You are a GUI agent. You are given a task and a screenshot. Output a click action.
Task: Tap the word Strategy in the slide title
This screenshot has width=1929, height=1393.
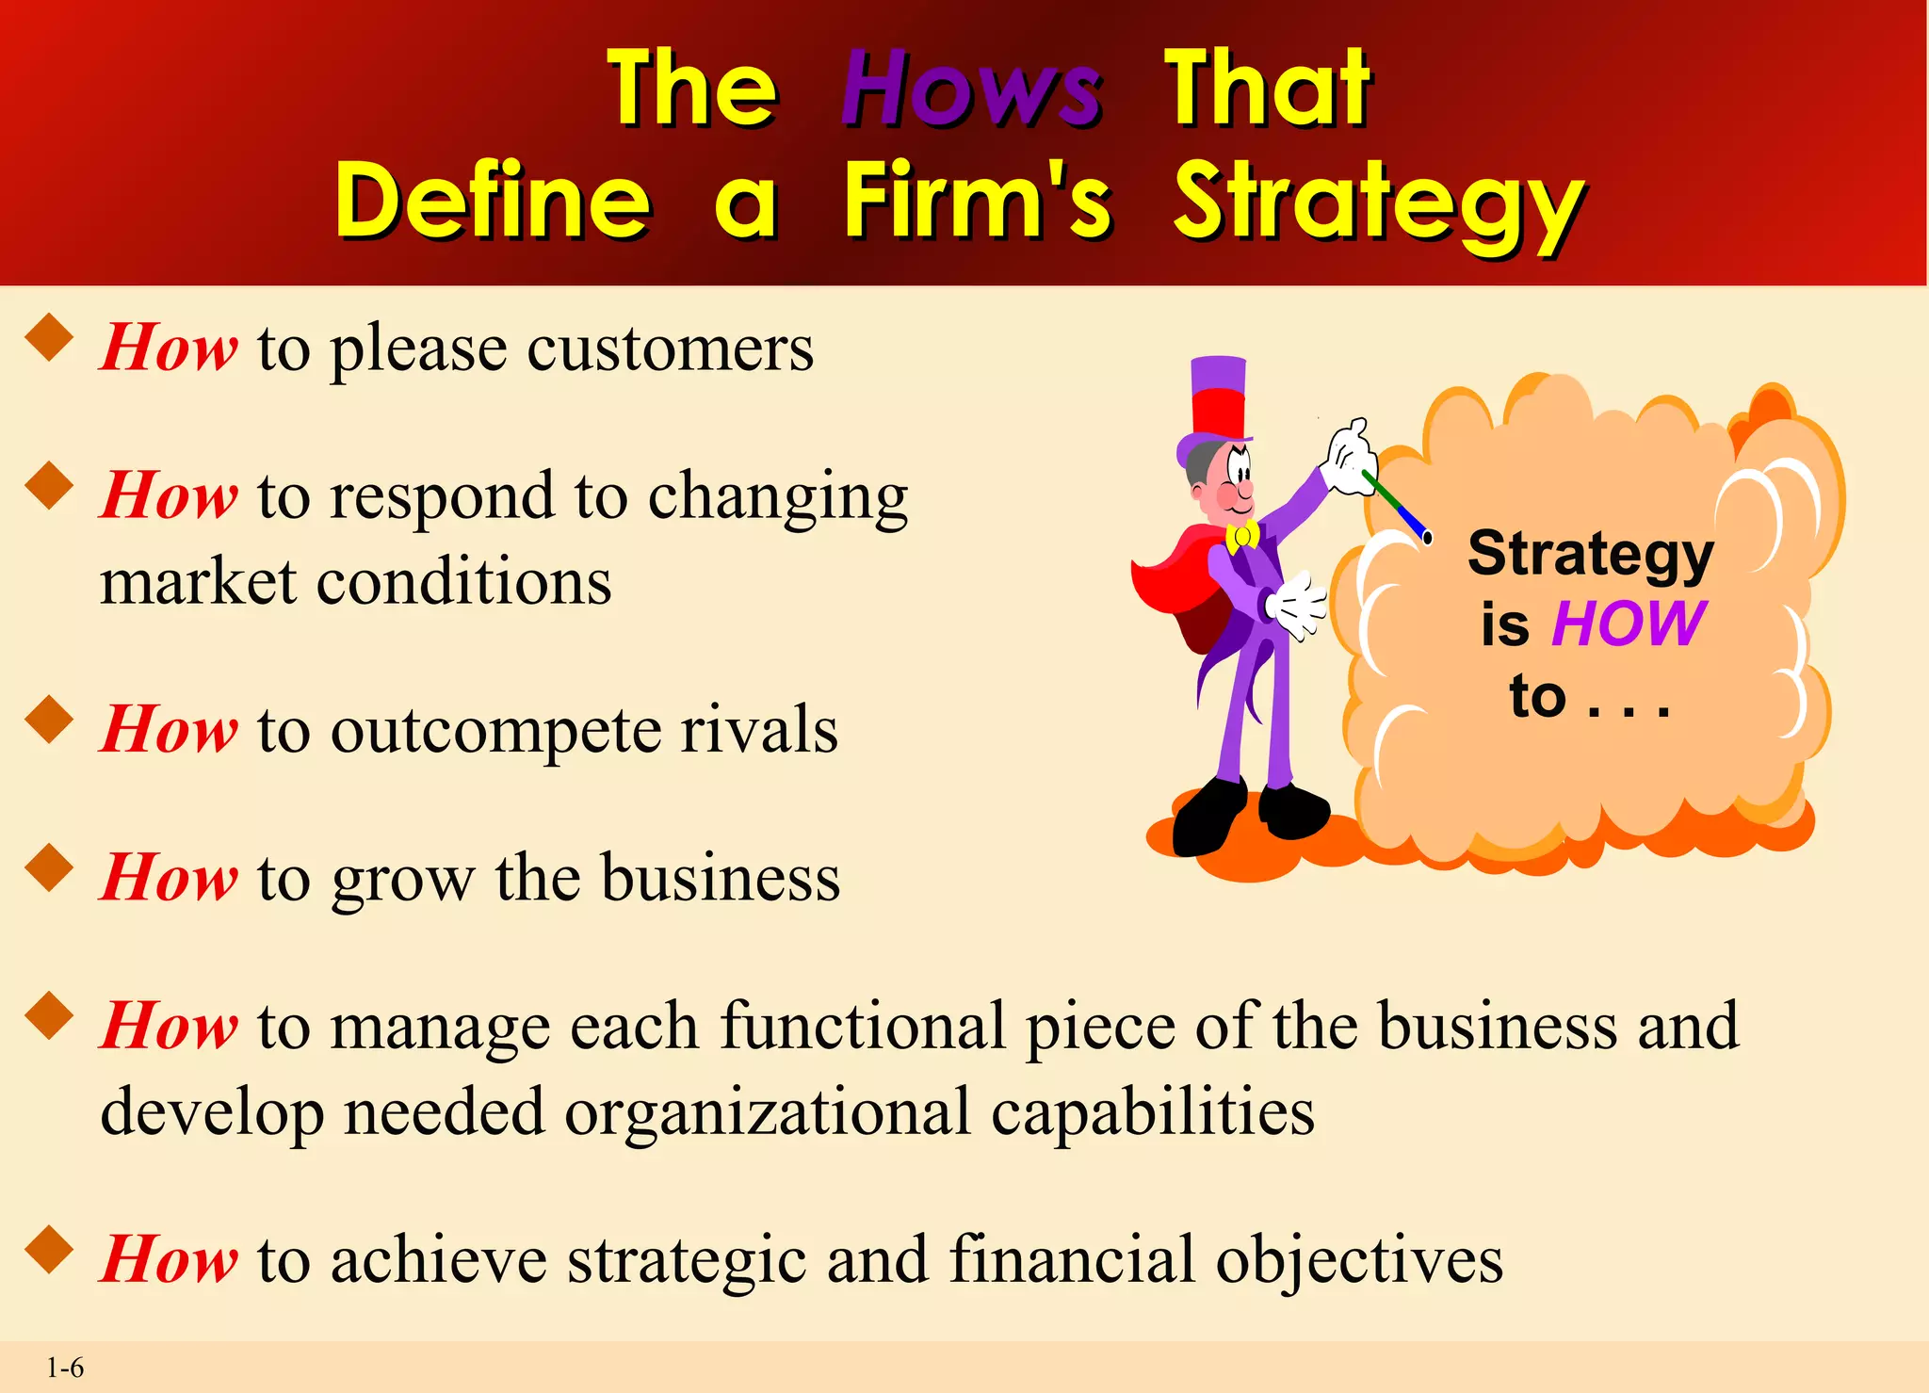1378,202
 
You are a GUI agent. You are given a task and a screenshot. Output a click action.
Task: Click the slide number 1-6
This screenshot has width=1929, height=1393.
65,1368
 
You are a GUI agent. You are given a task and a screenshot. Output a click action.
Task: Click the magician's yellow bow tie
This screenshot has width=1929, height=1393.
1242,536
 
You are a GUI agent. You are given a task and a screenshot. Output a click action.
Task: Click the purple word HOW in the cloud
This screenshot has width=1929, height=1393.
1629,624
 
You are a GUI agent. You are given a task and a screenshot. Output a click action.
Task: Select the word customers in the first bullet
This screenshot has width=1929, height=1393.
670,348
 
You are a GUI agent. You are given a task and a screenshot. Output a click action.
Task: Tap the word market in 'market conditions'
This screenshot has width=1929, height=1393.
198,582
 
